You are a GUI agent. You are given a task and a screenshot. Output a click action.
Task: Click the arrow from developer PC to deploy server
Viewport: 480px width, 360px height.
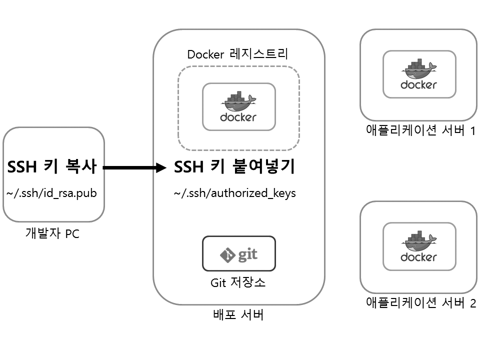[x=134, y=168]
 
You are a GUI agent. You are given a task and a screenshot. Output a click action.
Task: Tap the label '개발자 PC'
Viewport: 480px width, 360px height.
[x=52, y=233]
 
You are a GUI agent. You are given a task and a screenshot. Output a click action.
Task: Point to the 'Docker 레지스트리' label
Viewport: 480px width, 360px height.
[x=238, y=54]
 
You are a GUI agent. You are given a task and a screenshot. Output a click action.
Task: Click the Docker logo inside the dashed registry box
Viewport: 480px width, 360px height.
[x=238, y=106]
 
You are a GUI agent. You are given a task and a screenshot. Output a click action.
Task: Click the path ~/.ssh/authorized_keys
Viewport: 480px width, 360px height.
[x=234, y=193]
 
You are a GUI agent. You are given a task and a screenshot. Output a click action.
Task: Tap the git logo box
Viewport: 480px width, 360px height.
[x=238, y=253]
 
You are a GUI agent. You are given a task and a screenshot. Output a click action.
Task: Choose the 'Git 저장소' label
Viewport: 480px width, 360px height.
[x=238, y=282]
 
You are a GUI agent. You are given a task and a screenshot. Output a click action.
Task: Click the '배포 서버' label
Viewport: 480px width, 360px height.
[x=238, y=315]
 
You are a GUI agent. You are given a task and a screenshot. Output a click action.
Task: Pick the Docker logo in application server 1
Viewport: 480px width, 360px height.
[x=419, y=74]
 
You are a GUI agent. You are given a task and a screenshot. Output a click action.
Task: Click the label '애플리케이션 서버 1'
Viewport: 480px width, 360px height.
[x=420, y=131]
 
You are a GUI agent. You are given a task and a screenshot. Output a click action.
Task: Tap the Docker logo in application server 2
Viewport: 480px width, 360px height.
[x=419, y=247]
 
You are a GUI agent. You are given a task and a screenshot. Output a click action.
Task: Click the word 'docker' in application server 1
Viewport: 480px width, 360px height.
[x=419, y=85]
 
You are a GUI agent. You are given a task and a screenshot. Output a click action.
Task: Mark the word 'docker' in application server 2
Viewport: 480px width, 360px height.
[x=419, y=257]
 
